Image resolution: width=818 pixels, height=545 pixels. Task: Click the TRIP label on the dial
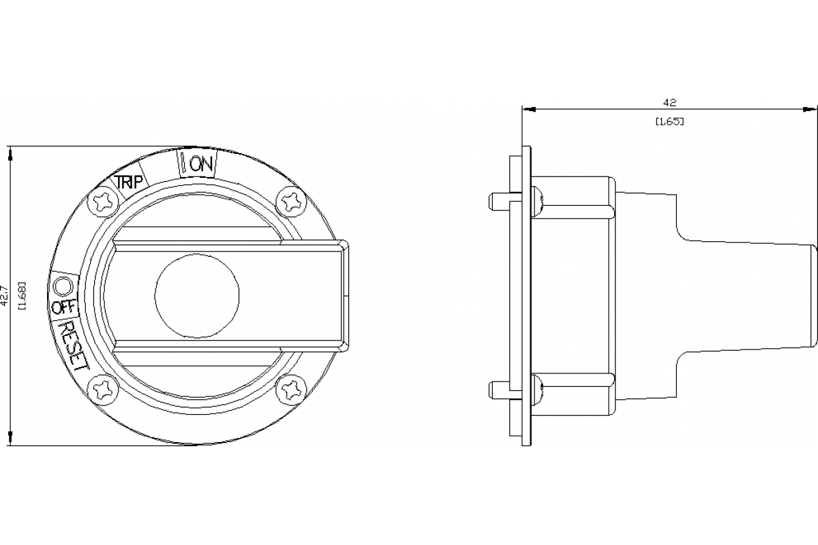point(128,183)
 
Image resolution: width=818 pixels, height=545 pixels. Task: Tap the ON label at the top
point(202,164)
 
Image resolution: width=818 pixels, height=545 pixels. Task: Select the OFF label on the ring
point(63,307)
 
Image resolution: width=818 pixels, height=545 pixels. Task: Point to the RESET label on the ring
point(72,345)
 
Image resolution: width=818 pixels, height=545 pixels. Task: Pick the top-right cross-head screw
point(290,201)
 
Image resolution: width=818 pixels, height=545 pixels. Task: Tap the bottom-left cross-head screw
point(105,390)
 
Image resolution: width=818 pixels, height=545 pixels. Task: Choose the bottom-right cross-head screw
point(290,390)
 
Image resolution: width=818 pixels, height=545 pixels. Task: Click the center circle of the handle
point(197,296)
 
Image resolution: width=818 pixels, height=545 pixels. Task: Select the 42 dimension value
point(669,103)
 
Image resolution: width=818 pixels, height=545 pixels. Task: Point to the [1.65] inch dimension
point(669,121)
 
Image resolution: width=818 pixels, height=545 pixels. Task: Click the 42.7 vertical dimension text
point(5,295)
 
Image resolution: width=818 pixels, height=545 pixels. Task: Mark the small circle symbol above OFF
point(63,283)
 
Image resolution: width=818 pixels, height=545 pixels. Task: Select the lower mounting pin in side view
point(500,389)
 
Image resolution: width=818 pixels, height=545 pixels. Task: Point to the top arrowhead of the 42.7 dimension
point(10,152)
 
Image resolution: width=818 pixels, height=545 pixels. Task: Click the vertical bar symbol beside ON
point(183,163)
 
